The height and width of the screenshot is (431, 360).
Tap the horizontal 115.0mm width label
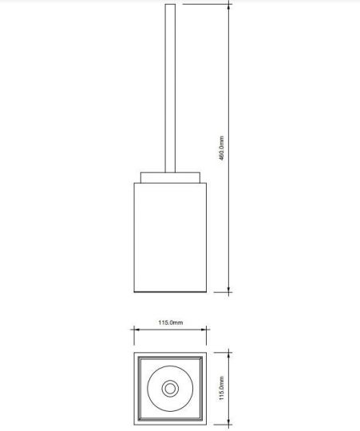pos(170,322)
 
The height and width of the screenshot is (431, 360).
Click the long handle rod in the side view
pos(169,88)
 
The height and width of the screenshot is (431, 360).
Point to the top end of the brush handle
pos(169,6)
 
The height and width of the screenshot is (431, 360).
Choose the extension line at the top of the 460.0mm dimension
pos(208,4)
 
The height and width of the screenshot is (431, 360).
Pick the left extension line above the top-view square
pos(133,337)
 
